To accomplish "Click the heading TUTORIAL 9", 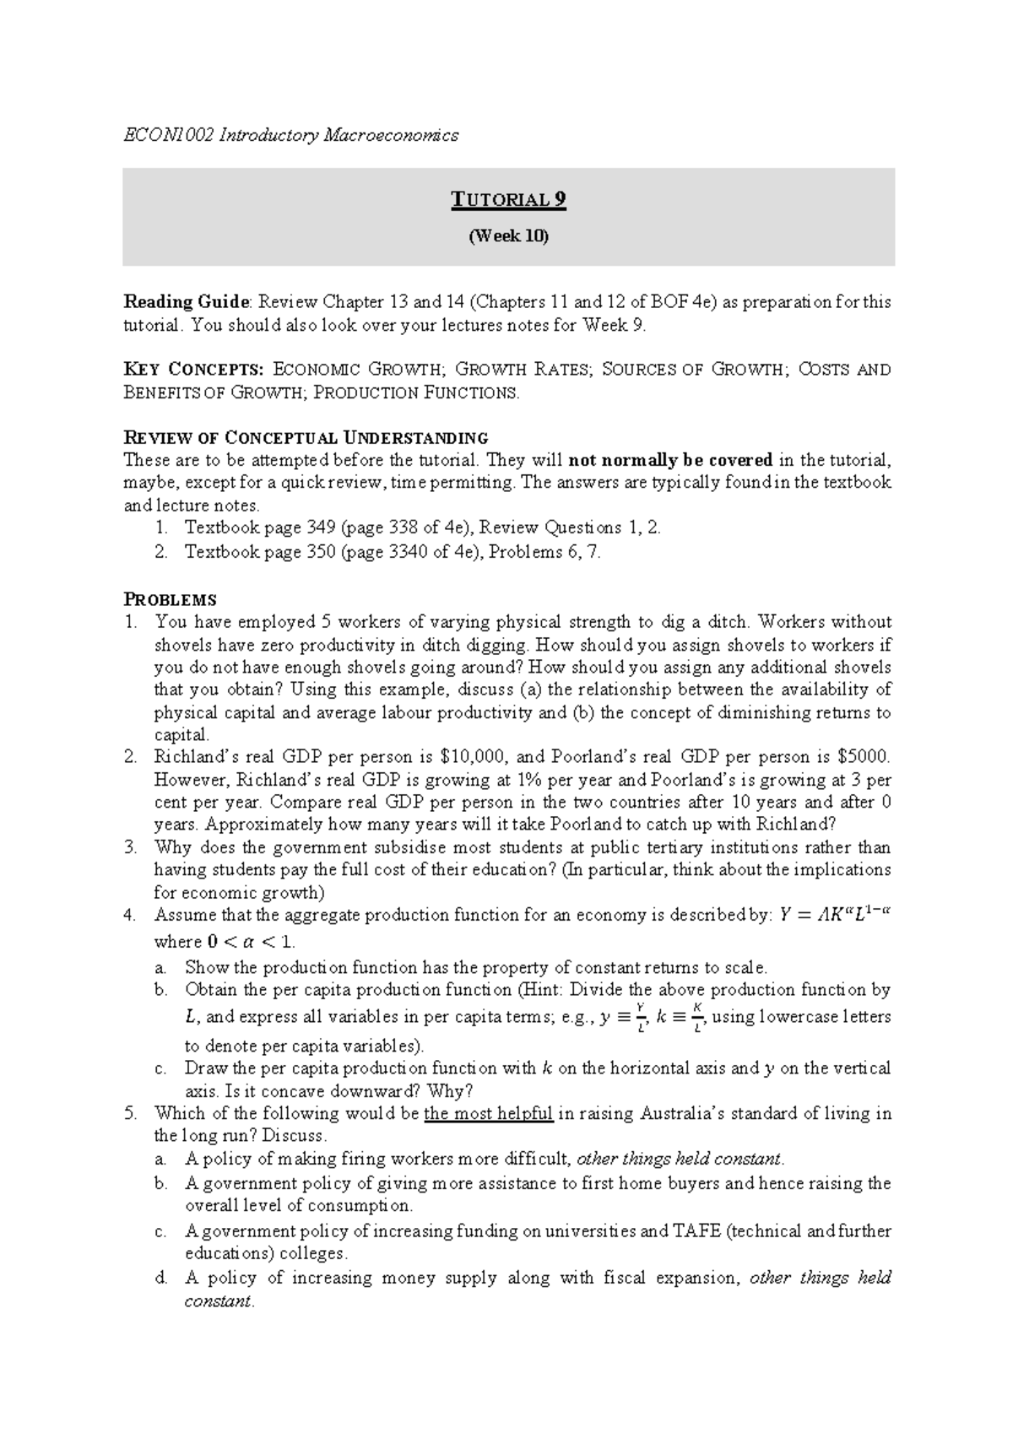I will (x=508, y=200).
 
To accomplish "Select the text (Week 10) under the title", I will (x=508, y=236).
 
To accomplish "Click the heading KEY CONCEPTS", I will (x=193, y=370).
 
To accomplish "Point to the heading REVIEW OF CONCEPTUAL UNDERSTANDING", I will (x=306, y=438).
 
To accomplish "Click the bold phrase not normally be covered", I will (x=671, y=461).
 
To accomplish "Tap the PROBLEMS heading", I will (x=170, y=600).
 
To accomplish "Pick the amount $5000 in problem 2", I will (x=864, y=758).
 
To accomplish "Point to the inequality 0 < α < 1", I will (x=251, y=942).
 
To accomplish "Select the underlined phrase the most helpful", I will (x=488, y=1114).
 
